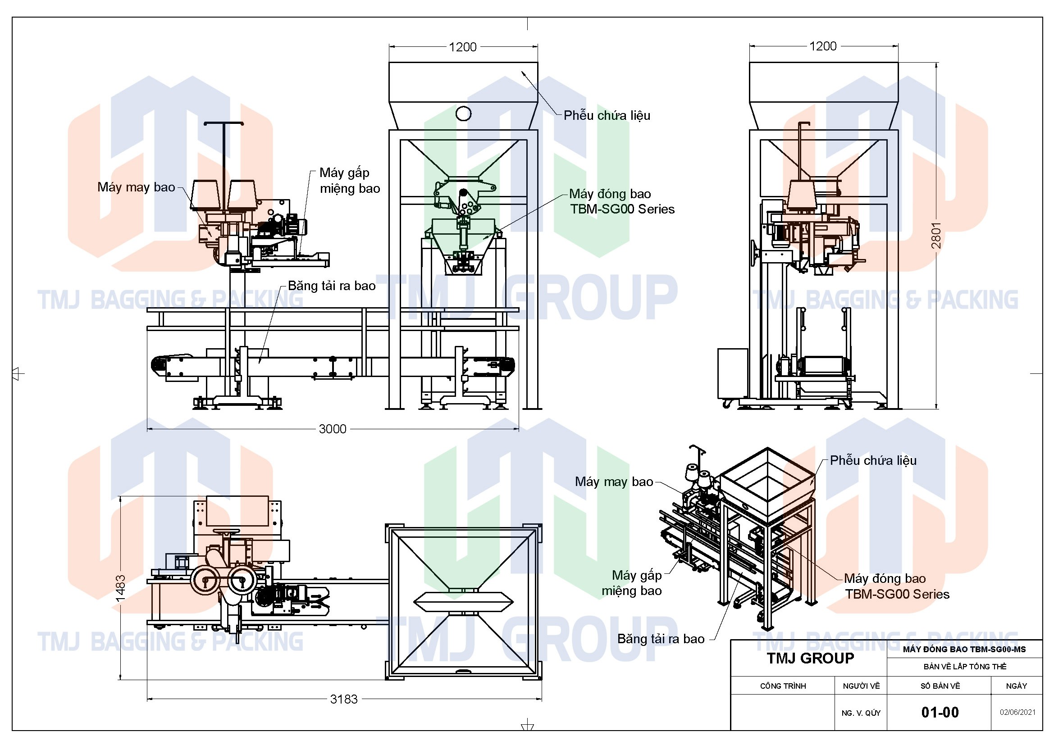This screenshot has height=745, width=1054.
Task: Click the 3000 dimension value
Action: point(332,429)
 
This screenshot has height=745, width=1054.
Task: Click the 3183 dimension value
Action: point(343,699)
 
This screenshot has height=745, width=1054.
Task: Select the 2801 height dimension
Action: point(936,235)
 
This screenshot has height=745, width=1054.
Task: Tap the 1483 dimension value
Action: point(120,588)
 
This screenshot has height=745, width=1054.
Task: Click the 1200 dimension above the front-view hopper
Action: point(462,47)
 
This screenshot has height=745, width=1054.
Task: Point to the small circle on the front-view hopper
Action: point(463,113)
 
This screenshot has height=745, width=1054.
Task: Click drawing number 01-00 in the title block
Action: point(940,713)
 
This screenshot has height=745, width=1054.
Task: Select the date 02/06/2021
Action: point(1018,713)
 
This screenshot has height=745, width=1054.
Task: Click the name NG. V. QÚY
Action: point(861,713)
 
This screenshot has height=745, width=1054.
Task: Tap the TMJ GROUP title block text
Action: point(810,659)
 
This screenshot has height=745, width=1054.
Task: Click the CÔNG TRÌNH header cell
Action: point(783,686)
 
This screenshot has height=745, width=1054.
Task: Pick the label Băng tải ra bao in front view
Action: point(332,286)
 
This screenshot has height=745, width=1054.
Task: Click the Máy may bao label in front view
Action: point(137,187)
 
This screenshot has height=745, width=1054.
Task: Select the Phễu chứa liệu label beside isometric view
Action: point(873,461)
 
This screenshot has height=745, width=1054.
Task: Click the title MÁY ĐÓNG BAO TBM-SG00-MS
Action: point(964,649)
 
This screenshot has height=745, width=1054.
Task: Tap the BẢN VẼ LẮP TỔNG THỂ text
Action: point(964,666)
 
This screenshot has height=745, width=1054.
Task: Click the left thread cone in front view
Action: point(205,195)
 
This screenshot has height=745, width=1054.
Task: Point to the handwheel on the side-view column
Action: point(754,252)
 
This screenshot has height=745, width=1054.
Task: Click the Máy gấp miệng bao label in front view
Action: point(349,181)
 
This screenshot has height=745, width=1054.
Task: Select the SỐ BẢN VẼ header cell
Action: point(940,686)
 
